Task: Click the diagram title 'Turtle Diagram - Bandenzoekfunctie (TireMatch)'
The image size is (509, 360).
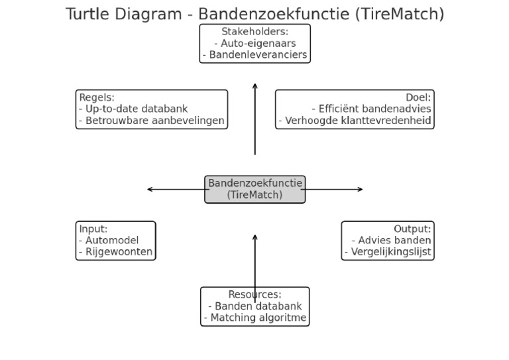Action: (x=254, y=13)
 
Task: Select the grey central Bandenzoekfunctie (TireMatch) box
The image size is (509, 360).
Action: (x=254, y=189)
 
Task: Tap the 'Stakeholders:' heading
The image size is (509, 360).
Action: (x=254, y=31)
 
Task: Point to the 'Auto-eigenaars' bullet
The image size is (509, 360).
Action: (x=254, y=43)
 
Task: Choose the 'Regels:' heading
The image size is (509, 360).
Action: (x=97, y=97)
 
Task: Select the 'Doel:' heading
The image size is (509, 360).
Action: (x=418, y=97)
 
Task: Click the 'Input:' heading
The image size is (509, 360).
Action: (x=93, y=229)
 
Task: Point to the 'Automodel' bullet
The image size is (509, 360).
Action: (x=108, y=240)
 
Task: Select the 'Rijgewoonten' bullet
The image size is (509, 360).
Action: (x=115, y=252)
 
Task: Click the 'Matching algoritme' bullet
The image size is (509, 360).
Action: (x=257, y=318)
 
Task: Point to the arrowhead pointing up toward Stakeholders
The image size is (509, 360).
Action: (x=254, y=86)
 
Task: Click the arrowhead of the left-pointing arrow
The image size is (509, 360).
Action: (x=150, y=190)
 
